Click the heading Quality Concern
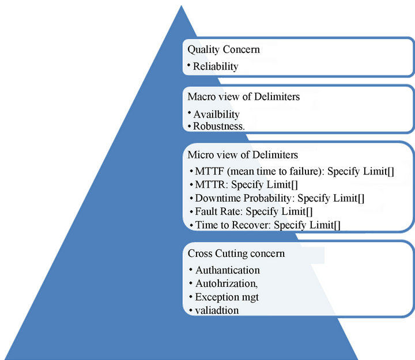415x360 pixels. pyautogui.click(x=224, y=50)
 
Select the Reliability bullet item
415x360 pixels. pyautogui.click(x=216, y=66)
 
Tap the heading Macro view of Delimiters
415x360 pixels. pyautogui.click(x=243, y=97)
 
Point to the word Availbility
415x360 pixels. pyautogui.click(x=216, y=115)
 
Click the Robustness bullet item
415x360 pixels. pyautogui.click(x=218, y=126)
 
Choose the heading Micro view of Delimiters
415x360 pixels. pyautogui.click(x=243, y=155)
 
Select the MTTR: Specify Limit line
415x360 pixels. pyautogui.click(x=246, y=185)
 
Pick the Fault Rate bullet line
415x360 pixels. pyautogui.click(x=254, y=211)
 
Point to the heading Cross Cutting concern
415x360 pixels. pyautogui.click(x=236, y=253)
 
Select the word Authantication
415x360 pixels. pyautogui.click(x=228, y=270)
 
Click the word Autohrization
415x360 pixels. pyautogui.click(x=227, y=283)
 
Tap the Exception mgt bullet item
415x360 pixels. pyautogui.click(x=227, y=297)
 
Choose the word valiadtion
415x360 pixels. pyautogui.click(x=217, y=310)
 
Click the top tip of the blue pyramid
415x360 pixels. pyautogui.click(x=182, y=6)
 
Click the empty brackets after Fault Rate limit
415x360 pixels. pyautogui.click(x=310, y=211)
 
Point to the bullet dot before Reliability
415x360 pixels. pyautogui.click(x=189, y=65)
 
